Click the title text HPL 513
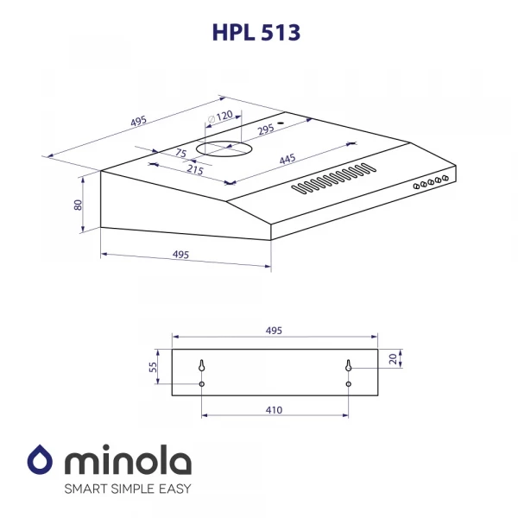click(258, 33)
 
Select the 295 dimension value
click(266, 129)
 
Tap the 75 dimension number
click(180, 153)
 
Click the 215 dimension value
click(194, 170)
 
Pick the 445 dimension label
click(288, 159)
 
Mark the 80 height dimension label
click(78, 205)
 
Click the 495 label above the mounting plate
click(274, 331)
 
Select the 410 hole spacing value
click(274, 410)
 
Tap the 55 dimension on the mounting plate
click(154, 367)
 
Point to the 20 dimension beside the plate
click(392, 358)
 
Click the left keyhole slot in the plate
click(201, 366)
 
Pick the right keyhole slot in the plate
click(348, 366)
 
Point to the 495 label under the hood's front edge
click(180, 255)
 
